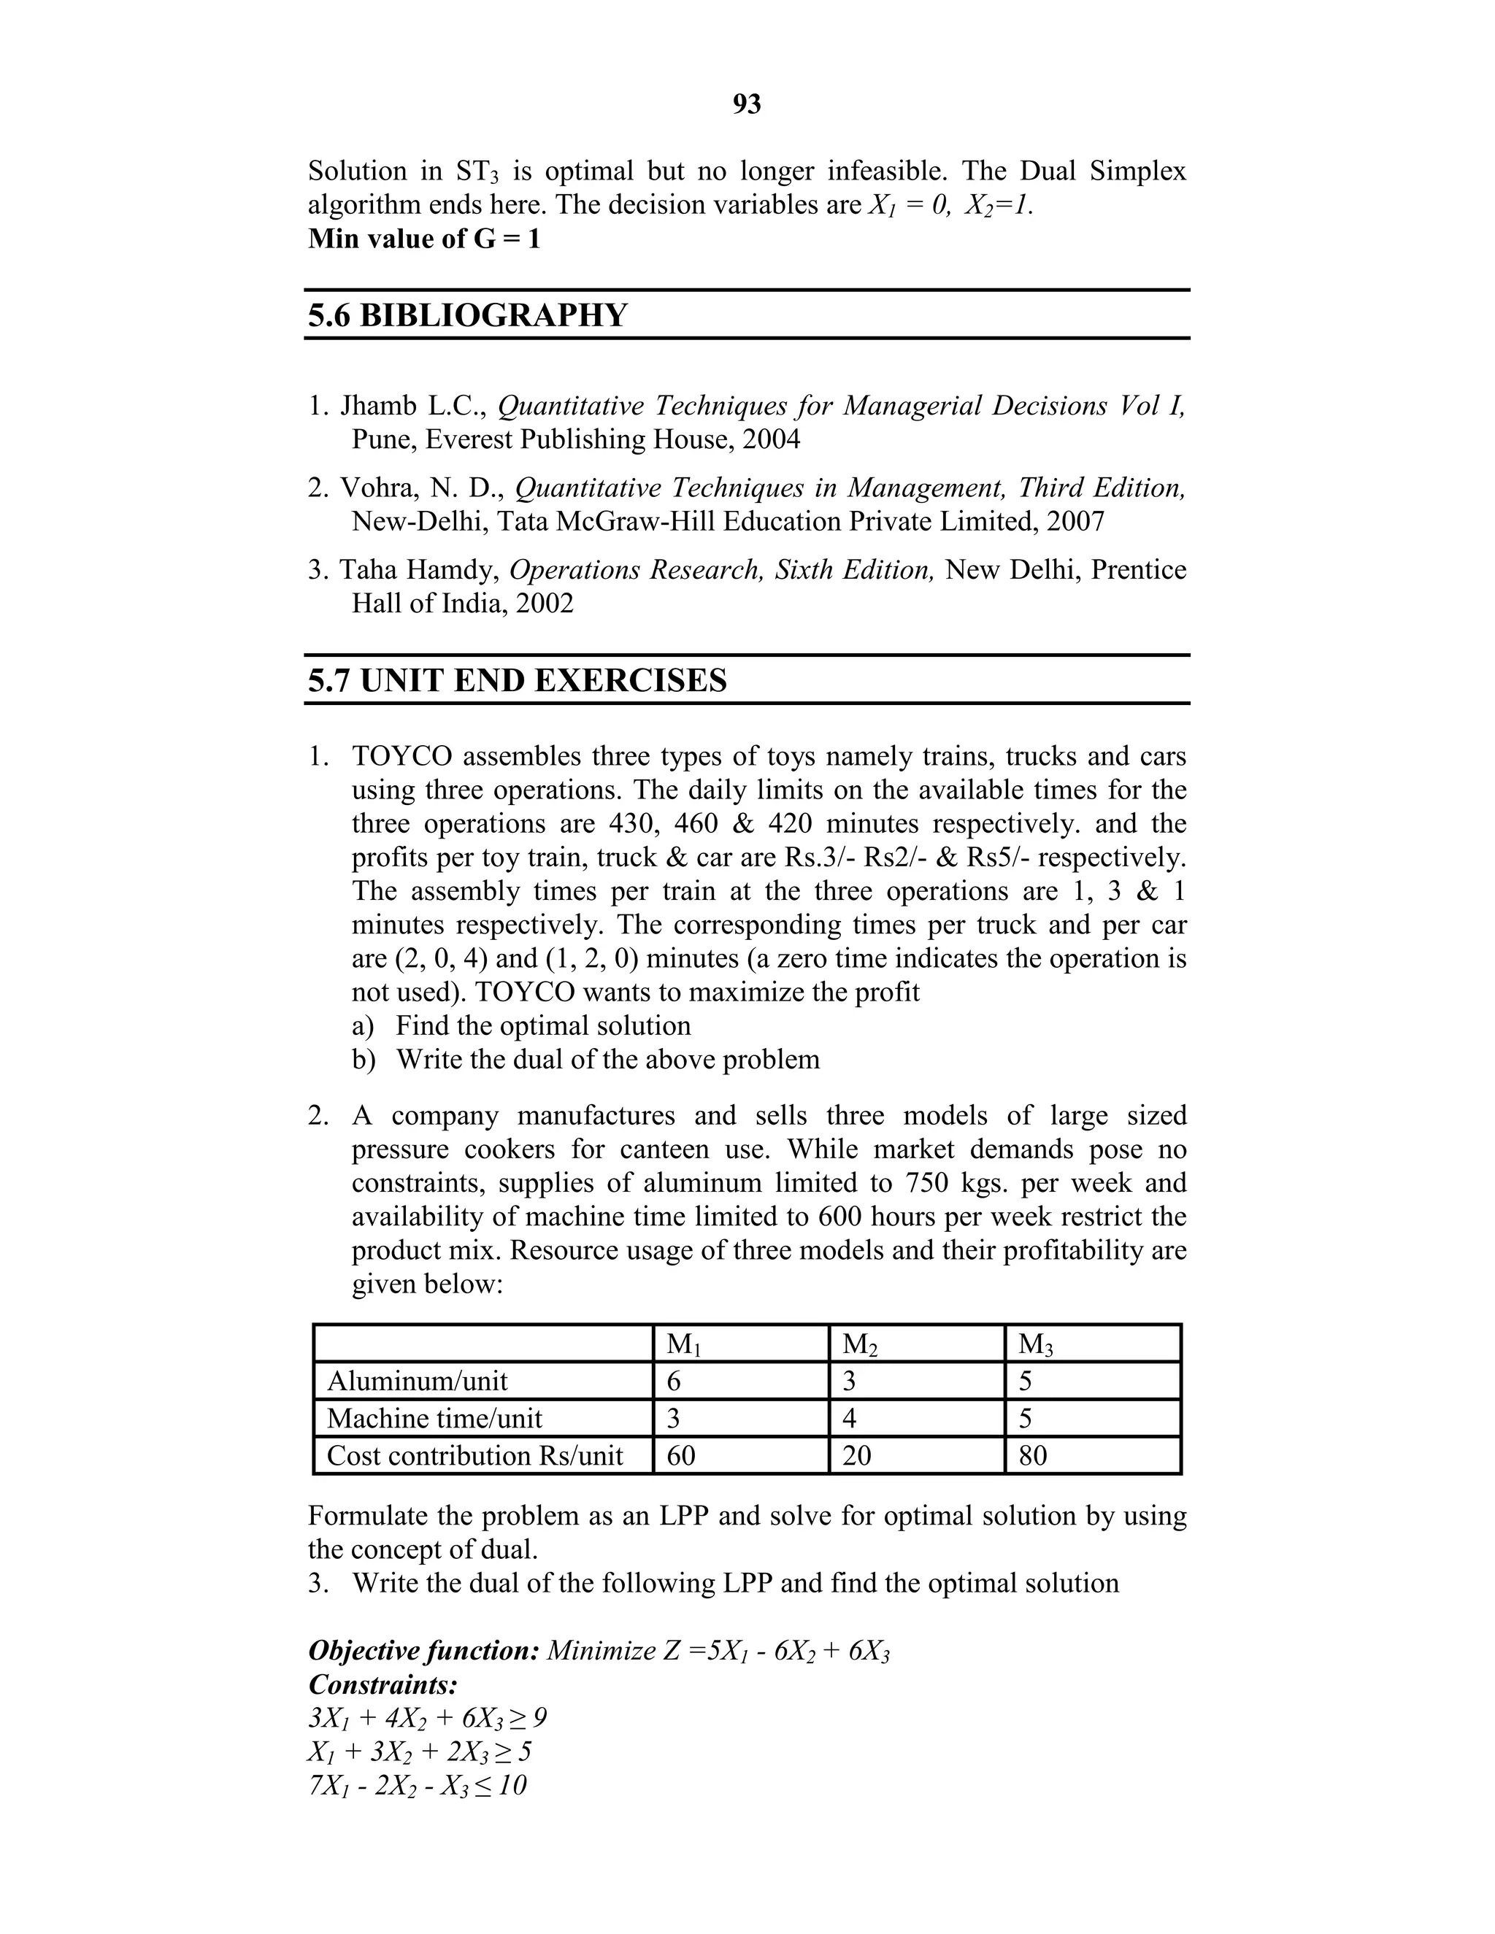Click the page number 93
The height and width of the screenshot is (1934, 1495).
click(747, 104)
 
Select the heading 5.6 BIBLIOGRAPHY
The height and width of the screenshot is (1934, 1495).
click(468, 315)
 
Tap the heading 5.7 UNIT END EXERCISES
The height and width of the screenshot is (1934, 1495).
click(518, 680)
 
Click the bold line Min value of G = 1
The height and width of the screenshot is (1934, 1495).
click(423, 239)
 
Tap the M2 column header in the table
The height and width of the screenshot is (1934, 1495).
click(859, 1344)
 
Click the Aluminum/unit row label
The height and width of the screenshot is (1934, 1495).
click(417, 1382)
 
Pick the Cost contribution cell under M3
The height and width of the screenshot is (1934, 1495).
click(1033, 1456)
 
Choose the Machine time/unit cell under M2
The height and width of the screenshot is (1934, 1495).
click(850, 1419)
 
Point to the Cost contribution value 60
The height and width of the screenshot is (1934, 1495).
click(681, 1456)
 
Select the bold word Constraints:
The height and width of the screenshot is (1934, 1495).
click(383, 1684)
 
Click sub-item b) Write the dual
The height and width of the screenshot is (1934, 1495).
click(585, 1059)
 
